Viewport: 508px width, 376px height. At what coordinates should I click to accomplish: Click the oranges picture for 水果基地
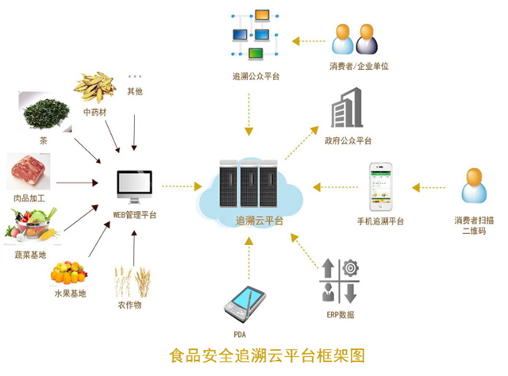pyautogui.click(x=68, y=273)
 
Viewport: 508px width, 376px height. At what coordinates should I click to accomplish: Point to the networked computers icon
pyautogui.click(x=256, y=35)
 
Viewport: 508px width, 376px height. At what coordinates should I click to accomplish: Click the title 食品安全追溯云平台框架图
pyautogui.click(x=253, y=353)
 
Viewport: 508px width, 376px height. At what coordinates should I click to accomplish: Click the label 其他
pyautogui.click(x=136, y=91)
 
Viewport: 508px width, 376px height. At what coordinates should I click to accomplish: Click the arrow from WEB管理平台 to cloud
pyautogui.click(x=184, y=188)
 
